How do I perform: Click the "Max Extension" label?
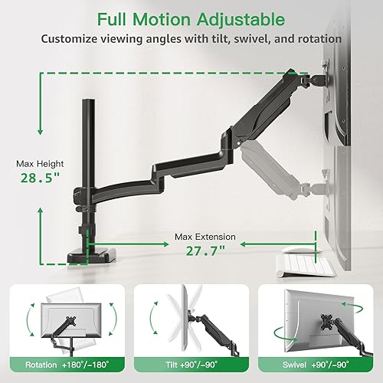[x=205, y=237]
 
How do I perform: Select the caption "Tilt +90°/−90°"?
[x=191, y=365]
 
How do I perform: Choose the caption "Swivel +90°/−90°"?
[x=317, y=365]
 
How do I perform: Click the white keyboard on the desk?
[x=306, y=265]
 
